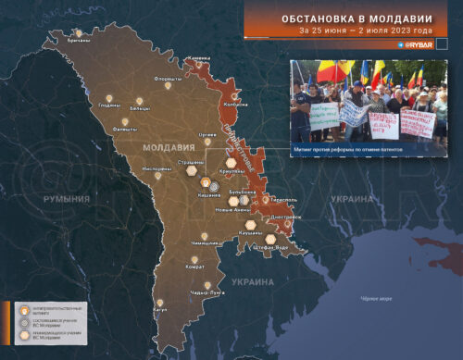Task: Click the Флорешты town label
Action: (168, 79)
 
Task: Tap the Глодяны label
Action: (109, 105)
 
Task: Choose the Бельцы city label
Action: (140, 108)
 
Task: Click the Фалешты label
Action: (126, 130)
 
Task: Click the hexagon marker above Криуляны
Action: (222, 157)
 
